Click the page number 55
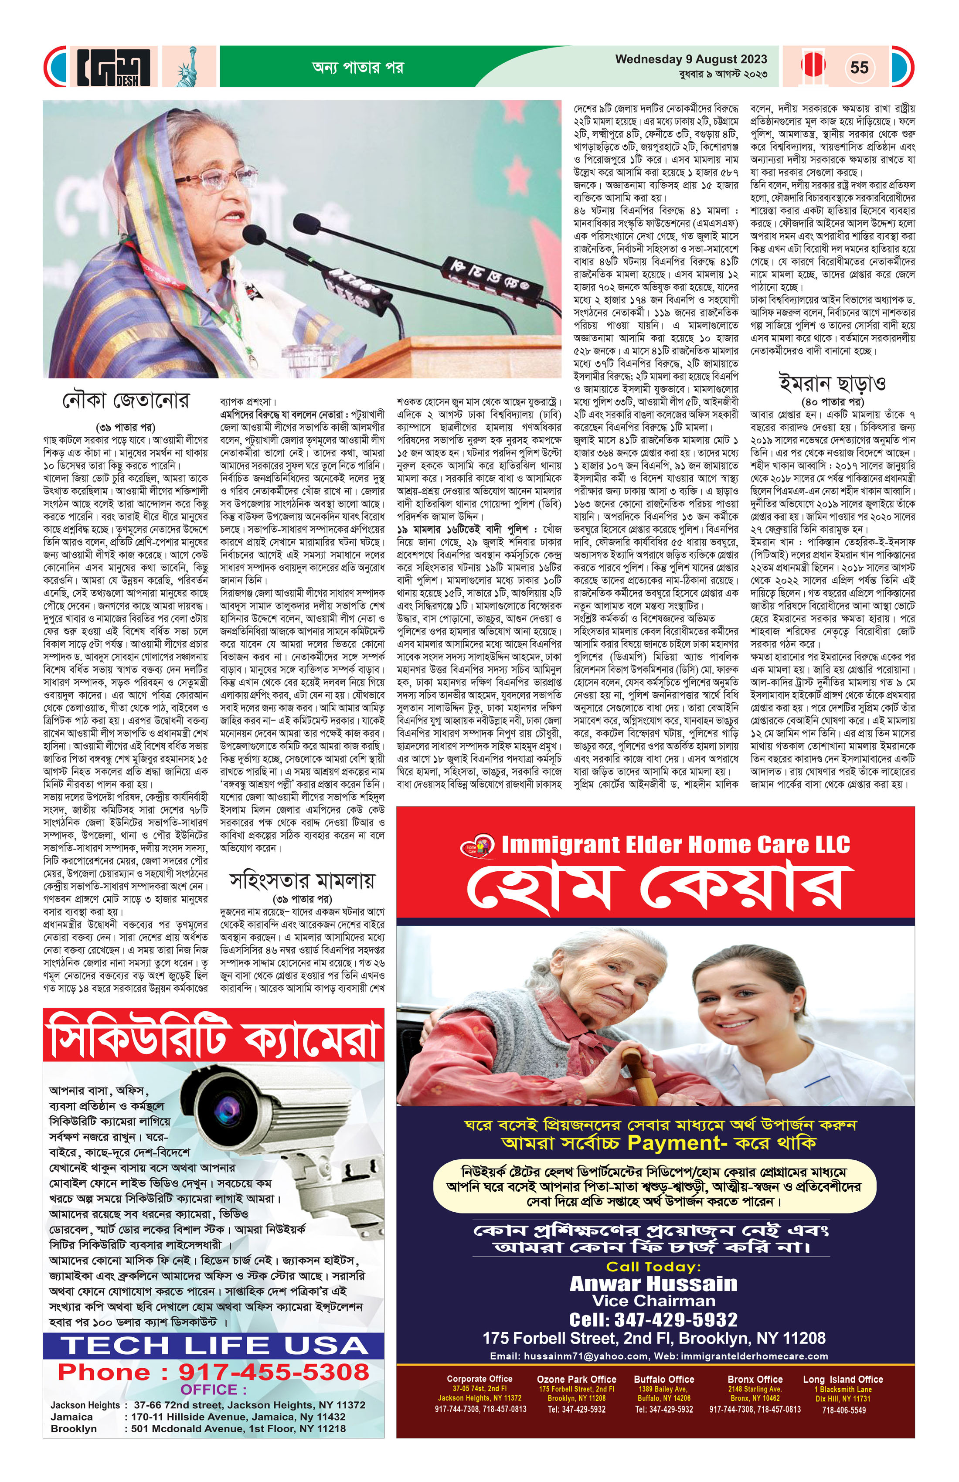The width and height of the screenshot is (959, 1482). (x=859, y=67)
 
